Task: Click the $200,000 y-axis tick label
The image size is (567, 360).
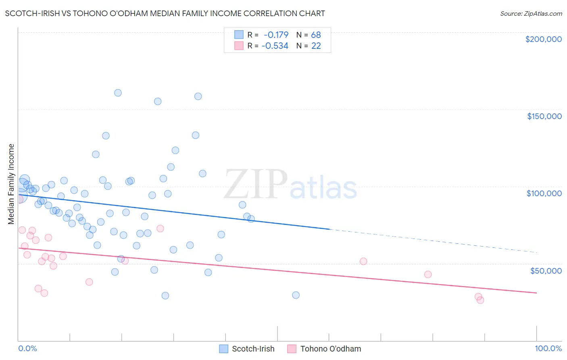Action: tap(543, 39)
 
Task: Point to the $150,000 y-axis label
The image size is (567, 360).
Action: tap(544, 116)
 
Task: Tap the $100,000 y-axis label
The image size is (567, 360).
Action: tap(544, 193)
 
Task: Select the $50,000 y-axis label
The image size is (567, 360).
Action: tap(546, 270)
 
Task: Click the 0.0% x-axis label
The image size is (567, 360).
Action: tap(27, 348)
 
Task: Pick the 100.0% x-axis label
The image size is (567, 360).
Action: tap(548, 348)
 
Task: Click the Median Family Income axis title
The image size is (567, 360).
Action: tap(11, 184)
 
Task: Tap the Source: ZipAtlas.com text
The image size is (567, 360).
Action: tap(531, 13)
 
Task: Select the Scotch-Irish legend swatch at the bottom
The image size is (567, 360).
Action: tap(224, 349)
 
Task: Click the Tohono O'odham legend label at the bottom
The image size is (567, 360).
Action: tap(330, 349)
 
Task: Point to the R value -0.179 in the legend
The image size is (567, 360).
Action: tap(276, 35)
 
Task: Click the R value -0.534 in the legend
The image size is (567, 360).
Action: tap(275, 46)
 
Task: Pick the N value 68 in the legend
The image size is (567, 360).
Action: tap(316, 35)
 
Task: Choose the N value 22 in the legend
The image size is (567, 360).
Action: tap(316, 46)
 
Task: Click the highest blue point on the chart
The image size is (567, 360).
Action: tap(118, 93)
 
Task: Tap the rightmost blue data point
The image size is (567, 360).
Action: tap(296, 295)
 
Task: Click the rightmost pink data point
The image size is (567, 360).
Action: tap(480, 300)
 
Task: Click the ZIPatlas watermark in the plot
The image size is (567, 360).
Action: tap(290, 185)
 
